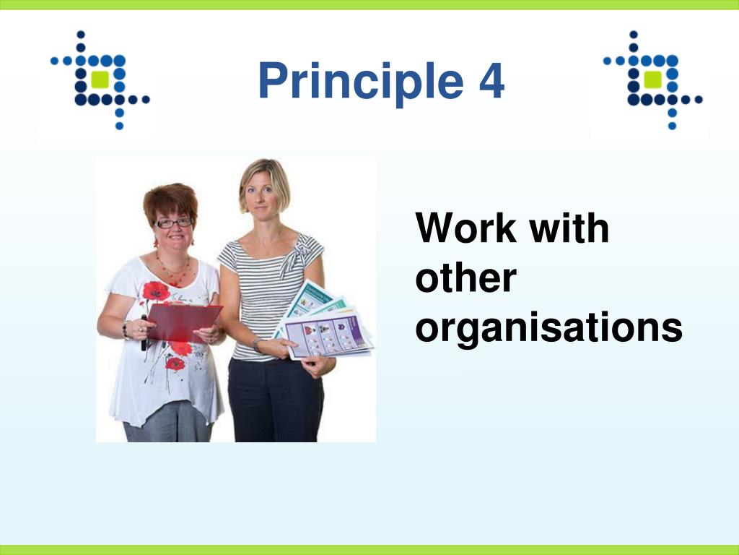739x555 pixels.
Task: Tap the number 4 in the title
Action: pyautogui.click(x=491, y=81)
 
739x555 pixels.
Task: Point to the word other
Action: pyautogui.click(x=465, y=278)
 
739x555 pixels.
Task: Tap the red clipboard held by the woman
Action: pyautogui.click(x=183, y=322)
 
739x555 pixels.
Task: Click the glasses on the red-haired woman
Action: pyautogui.click(x=173, y=223)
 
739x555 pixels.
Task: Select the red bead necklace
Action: pyautogui.click(x=173, y=270)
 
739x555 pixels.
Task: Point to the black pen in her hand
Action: pyautogui.click(x=144, y=332)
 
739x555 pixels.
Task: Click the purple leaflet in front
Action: pyautogui.click(x=328, y=337)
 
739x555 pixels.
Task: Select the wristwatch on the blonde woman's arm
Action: pyautogui.click(x=256, y=344)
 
